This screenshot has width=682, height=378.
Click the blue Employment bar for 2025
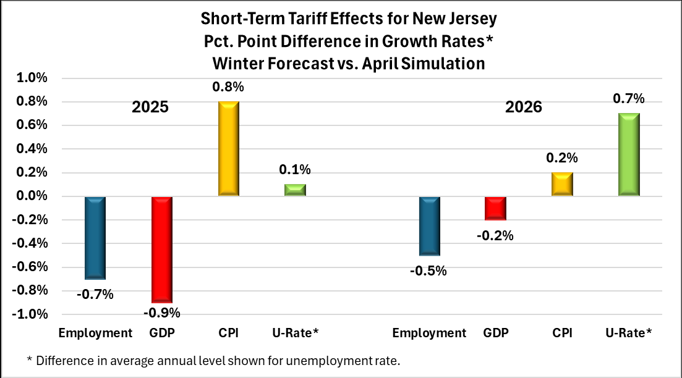(95, 238)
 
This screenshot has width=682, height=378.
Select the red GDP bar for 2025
(161, 249)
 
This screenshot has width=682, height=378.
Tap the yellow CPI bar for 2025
(228, 149)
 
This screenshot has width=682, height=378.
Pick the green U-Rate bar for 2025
(295, 190)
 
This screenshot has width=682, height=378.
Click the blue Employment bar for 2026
(429, 226)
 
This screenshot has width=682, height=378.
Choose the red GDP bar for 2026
(495, 208)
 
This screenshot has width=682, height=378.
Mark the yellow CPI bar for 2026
(562, 184)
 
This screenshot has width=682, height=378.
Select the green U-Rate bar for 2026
(629, 155)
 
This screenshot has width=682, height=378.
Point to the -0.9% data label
(161, 313)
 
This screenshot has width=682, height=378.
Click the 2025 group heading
(150, 107)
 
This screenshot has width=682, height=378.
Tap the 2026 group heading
(524, 107)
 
